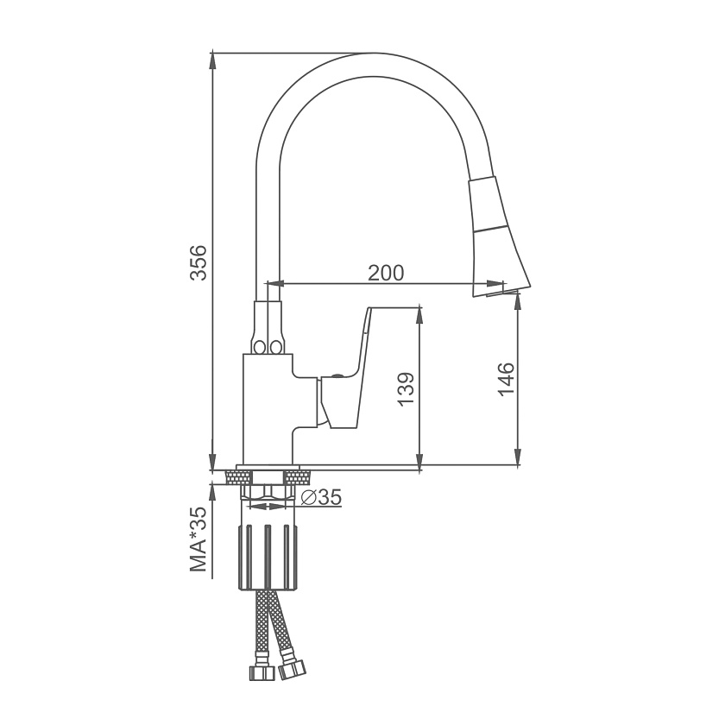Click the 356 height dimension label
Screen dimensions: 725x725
[x=199, y=262]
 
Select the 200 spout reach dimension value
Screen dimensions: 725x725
[x=386, y=273]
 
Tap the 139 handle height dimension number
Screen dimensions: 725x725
[x=406, y=389]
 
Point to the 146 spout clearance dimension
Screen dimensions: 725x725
[x=506, y=379]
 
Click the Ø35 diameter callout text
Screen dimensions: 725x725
[x=321, y=497]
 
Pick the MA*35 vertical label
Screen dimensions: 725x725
[x=199, y=539]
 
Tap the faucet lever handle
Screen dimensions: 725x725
[x=344, y=367]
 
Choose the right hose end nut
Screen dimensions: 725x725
[x=292, y=670]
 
